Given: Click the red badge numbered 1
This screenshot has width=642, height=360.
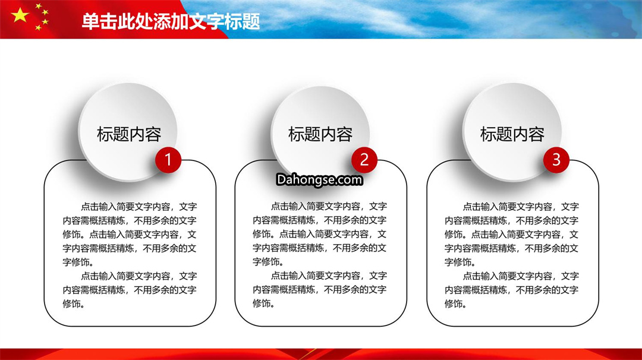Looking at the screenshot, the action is click(x=168, y=160).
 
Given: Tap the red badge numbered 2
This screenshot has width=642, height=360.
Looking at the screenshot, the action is click(x=364, y=160).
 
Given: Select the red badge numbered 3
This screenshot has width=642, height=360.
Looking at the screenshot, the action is click(x=556, y=160).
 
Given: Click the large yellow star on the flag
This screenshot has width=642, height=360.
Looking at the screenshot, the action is click(x=20, y=15).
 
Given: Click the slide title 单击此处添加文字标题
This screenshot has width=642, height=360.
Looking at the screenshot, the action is click(x=171, y=21).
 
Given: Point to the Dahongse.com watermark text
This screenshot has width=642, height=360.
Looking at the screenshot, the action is click(x=319, y=179).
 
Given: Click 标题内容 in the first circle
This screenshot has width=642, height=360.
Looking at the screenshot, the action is click(x=129, y=134).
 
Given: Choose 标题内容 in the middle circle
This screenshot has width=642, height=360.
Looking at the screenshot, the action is click(x=320, y=134).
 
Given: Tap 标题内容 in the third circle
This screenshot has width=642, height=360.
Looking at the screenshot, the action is click(x=512, y=134).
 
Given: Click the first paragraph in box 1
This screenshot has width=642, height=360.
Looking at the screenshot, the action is click(x=130, y=234).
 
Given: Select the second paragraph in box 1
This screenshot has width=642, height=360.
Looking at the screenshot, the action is click(x=130, y=290).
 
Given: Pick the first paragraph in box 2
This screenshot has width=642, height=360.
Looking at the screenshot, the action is click(x=320, y=233).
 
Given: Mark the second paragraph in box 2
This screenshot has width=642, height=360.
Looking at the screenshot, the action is click(x=320, y=289).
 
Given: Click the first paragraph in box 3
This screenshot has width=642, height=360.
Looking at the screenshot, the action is click(x=511, y=234).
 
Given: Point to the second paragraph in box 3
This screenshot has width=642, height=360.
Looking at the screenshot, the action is click(x=511, y=290).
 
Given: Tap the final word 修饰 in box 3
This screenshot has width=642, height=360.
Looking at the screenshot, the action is click(x=453, y=304).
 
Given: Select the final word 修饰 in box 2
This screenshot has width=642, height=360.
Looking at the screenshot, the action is click(x=261, y=303).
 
